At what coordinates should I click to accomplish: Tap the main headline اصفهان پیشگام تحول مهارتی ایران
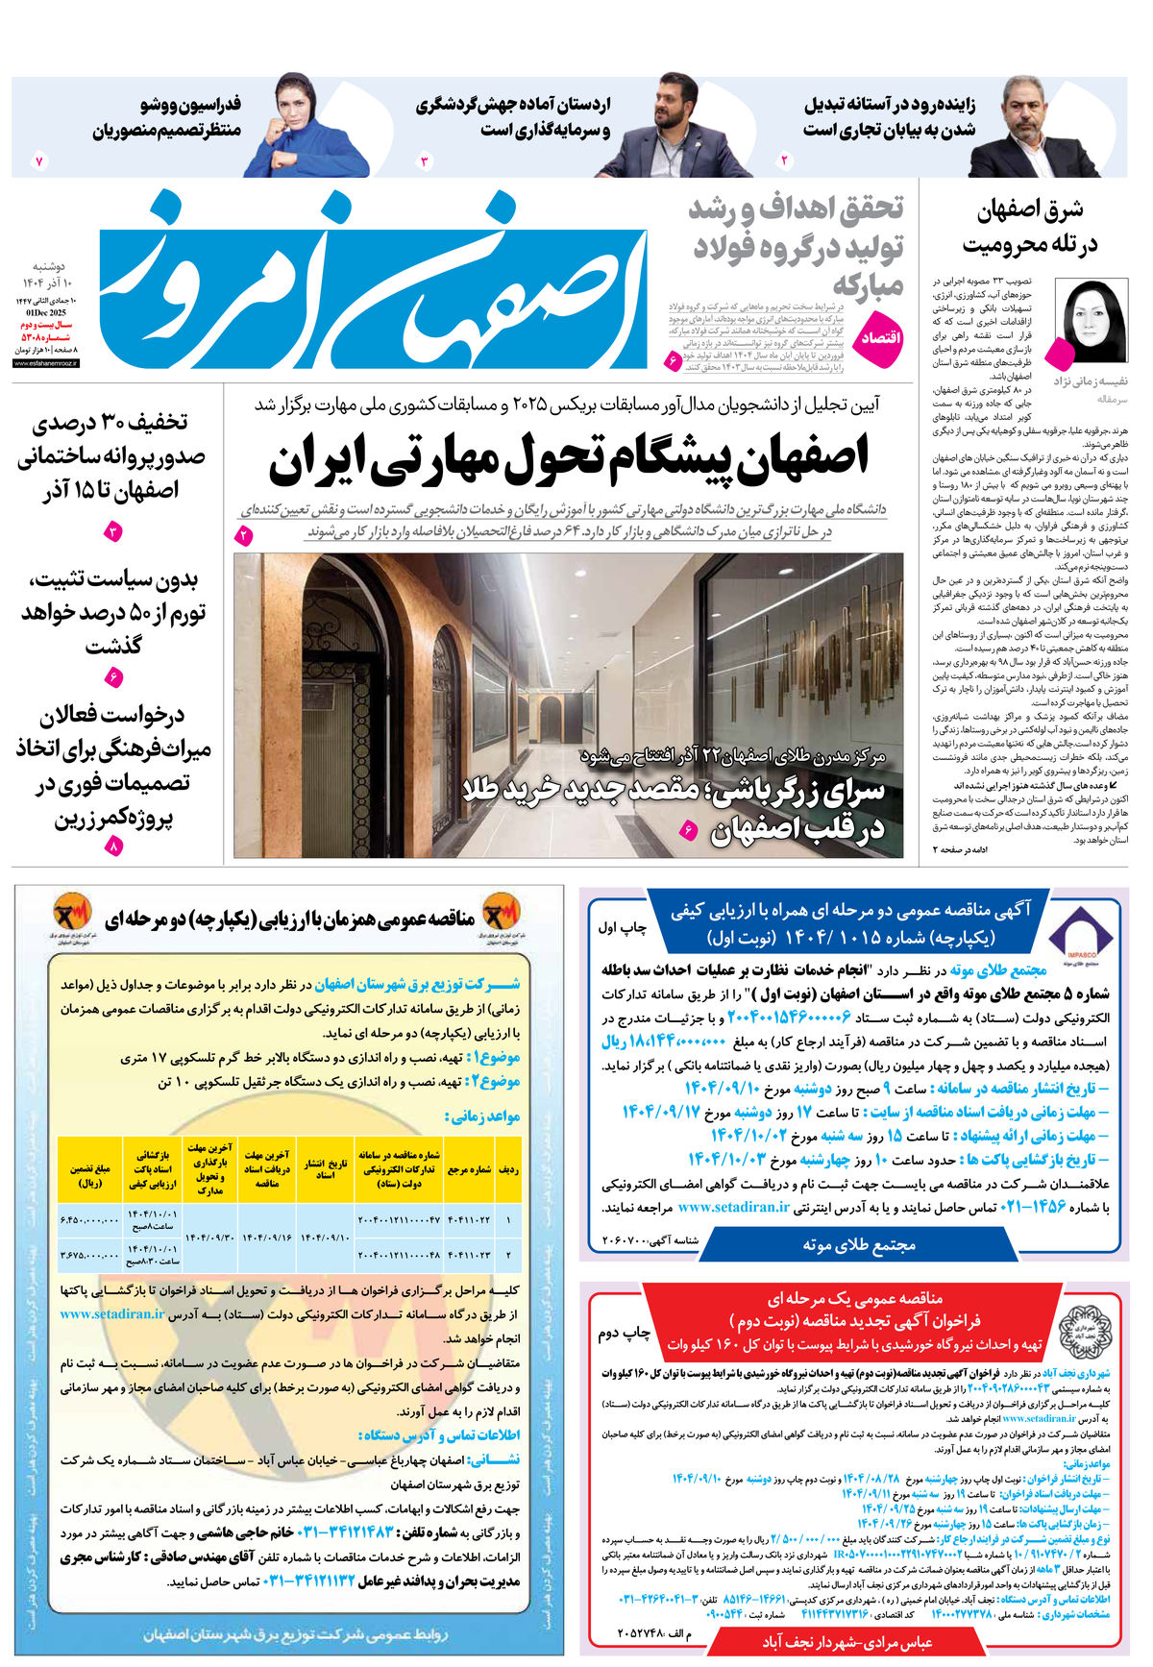(x=569, y=459)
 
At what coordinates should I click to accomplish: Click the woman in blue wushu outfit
(x=297, y=125)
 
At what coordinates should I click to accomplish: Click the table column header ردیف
(x=509, y=1169)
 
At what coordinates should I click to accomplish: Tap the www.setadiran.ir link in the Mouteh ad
(x=733, y=1208)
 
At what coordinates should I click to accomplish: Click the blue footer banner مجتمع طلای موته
(x=858, y=1244)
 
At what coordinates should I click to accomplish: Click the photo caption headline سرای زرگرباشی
(x=673, y=812)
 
